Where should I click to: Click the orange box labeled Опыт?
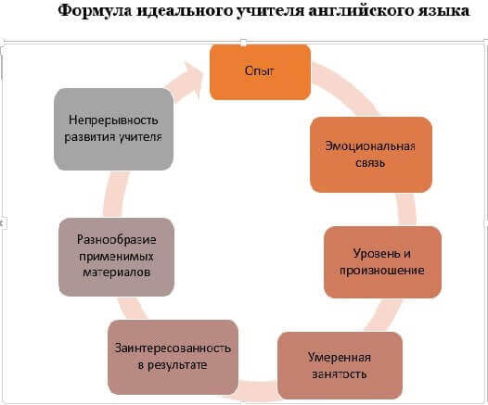260,71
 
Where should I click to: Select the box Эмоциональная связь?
371,155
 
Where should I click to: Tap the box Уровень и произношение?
382,262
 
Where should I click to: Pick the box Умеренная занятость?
340,365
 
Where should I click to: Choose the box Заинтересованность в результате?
173,357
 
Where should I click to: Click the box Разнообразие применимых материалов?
116,257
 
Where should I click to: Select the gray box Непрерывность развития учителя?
113,129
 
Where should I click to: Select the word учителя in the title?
271,11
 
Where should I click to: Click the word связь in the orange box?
370,163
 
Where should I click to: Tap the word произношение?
382,271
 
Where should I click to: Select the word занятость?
340,374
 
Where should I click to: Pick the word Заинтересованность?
173,348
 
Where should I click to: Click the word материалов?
117,272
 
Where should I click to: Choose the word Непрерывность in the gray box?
113,120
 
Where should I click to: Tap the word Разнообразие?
116,240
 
